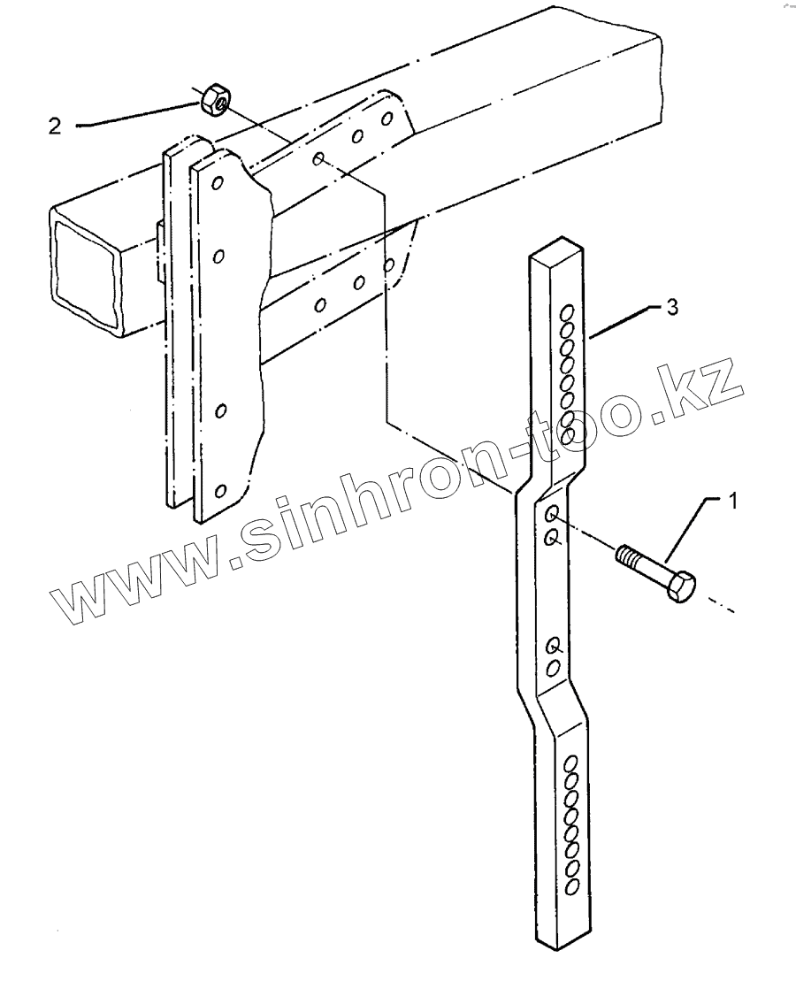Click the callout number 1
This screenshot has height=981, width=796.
[x=731, y=502]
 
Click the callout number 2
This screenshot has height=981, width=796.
[x=55, y=126]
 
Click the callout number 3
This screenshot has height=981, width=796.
[x=672, y=308]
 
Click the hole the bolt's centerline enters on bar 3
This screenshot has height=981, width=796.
[x=552, y=514]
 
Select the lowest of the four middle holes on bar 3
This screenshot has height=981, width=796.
[x=552, y=667]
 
